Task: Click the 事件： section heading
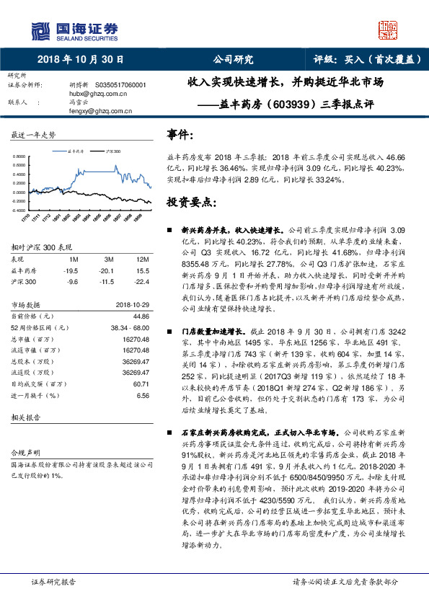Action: [x=180, y=135]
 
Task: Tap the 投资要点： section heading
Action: [x=191, y=201]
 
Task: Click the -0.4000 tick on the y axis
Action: [x=22, y=209]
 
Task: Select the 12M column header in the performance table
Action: [x=141, y=258]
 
